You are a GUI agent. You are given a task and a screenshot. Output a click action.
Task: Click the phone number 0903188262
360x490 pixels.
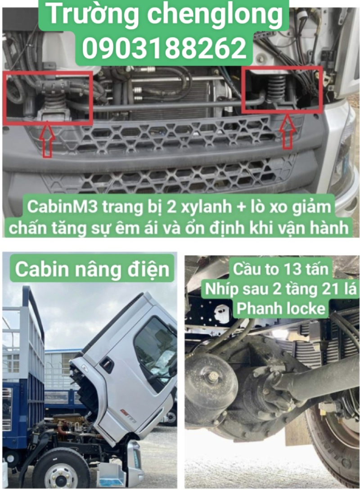[164, 48]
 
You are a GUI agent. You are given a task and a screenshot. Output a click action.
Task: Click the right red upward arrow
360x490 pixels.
[287, 131]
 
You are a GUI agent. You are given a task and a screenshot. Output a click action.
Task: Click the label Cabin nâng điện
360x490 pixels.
[92, 270]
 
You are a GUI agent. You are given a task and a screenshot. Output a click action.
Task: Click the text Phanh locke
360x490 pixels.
[281, 309]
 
